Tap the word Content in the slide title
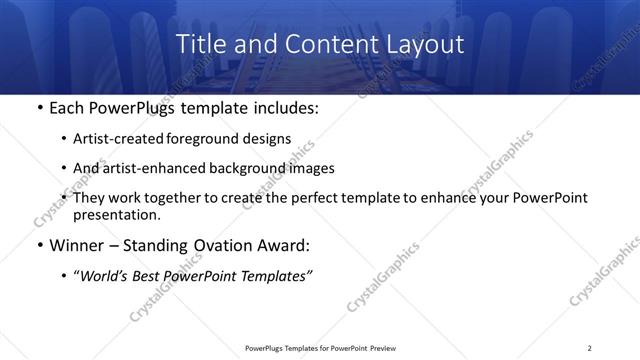coord(326,44)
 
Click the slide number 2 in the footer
coord(590,348)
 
